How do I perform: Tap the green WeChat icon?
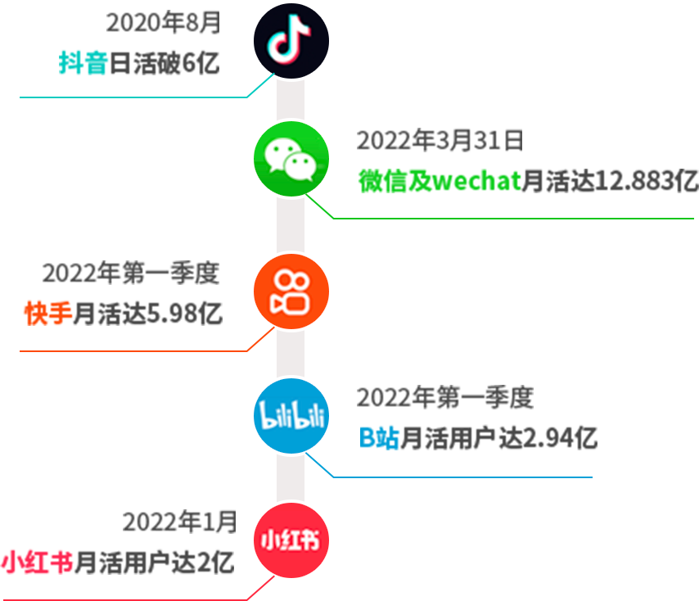(x=291, y=159)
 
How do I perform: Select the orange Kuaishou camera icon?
(x=291, y=291)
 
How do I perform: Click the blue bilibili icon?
(x=291, y=416)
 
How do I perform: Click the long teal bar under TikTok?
(x=146, y=86)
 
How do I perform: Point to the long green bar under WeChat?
(x=501, y=207)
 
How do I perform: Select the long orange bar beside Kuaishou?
(x=146, y=340)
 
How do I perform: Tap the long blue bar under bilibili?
(x=450, y=465)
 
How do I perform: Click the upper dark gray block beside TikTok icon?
(x=163, y=22)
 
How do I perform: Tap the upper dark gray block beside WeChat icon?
(x=439, y=140)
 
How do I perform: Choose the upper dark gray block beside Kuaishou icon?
(x=131, y=273)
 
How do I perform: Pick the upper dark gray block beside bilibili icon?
(x=444, y=397)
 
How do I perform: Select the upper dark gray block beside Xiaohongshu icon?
(x=179, y=522)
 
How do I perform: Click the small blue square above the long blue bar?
(x=380, y=437)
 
